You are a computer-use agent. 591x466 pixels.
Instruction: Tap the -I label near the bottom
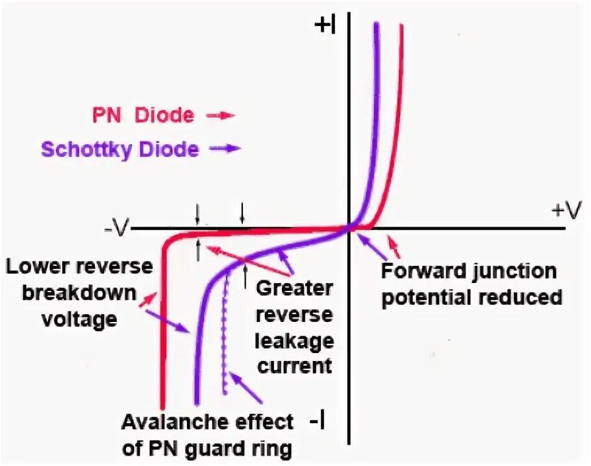[x=318, y=422]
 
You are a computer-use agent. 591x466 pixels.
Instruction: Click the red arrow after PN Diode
[x=220, y=116]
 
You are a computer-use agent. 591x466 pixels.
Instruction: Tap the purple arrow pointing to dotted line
[x=247, y=387]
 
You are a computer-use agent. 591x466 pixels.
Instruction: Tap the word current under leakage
[x=295, y=366]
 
